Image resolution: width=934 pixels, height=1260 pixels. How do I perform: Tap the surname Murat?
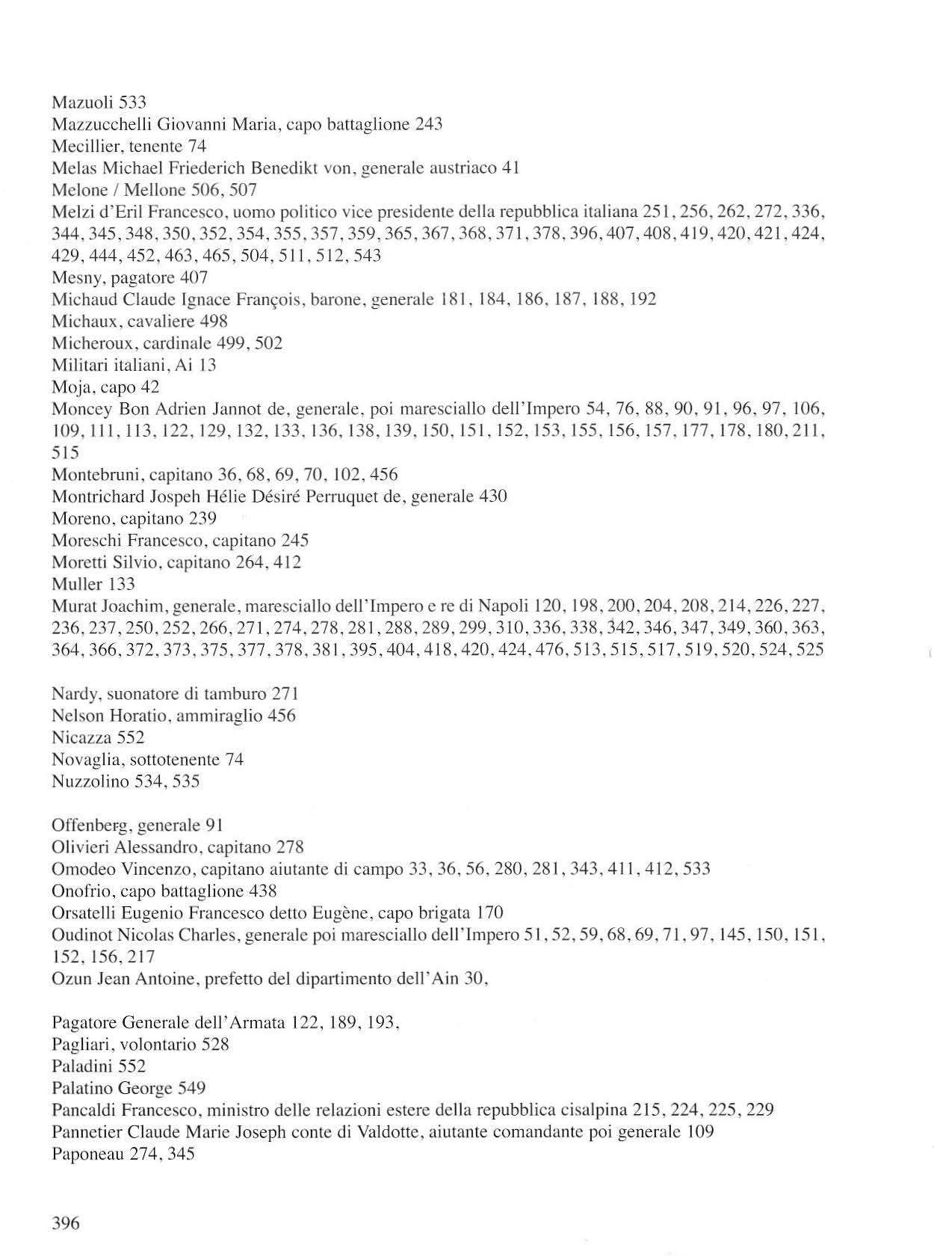pos(72,606)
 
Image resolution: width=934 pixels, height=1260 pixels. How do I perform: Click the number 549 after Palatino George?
pos(191,1088)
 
